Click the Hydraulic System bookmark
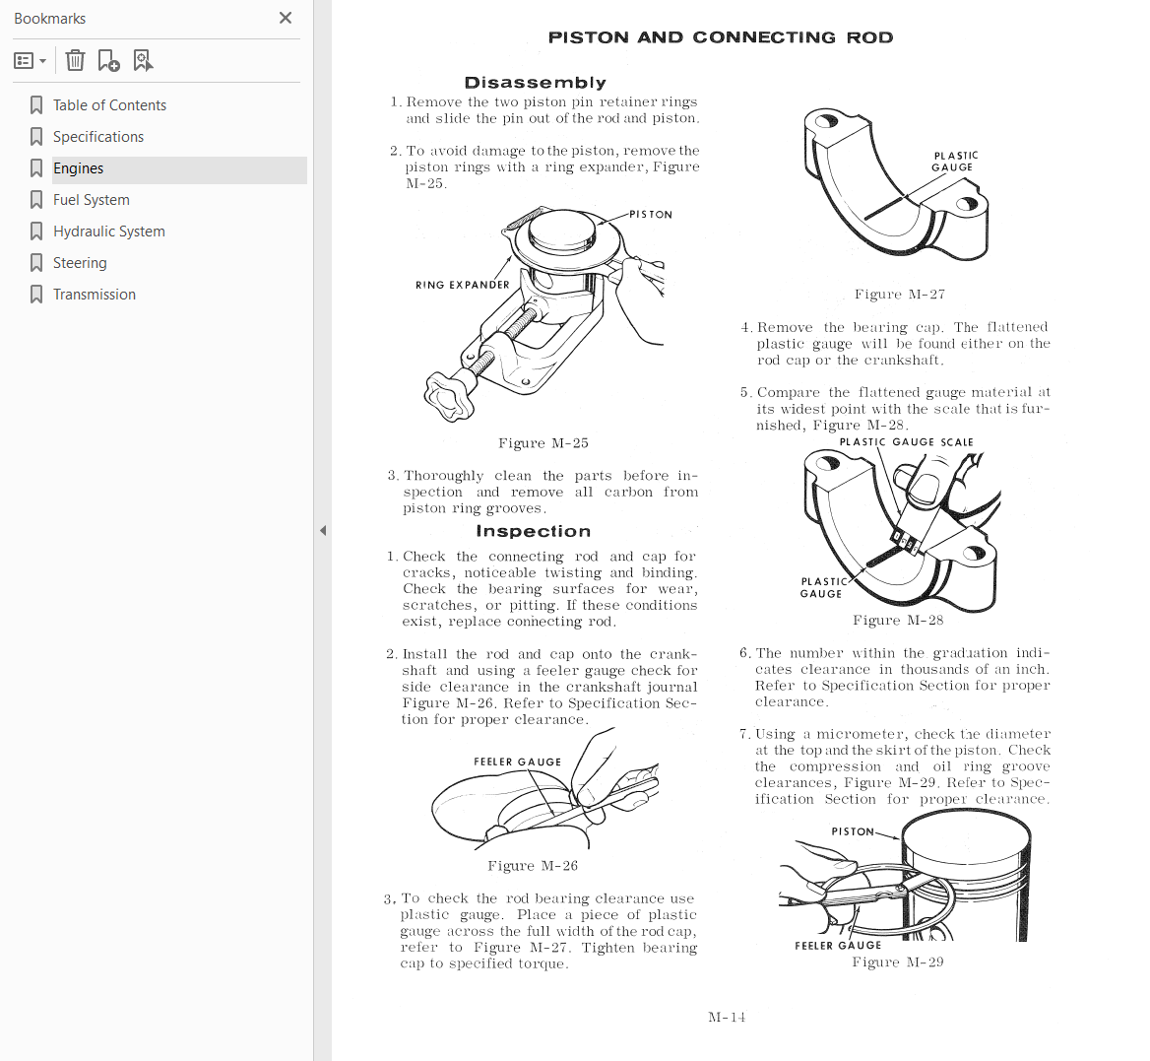(108, 232)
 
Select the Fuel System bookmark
(91, 200)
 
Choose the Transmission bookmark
(94, 295)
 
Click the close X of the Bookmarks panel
(286, 18)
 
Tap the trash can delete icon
(75, 60)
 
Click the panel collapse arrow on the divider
(323, 530)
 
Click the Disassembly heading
(536, 82)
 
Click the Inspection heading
(534, 530)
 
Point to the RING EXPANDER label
(462, 285)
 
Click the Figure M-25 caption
(543, 443)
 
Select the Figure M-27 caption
(900, 295)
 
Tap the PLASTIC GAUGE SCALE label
(907, 441)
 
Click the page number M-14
(727, 1017)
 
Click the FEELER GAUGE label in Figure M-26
(518, 762)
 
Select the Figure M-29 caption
(898, 962)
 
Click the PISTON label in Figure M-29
(853, 831)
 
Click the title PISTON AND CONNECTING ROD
(721, 37)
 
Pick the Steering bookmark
(80, 263)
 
